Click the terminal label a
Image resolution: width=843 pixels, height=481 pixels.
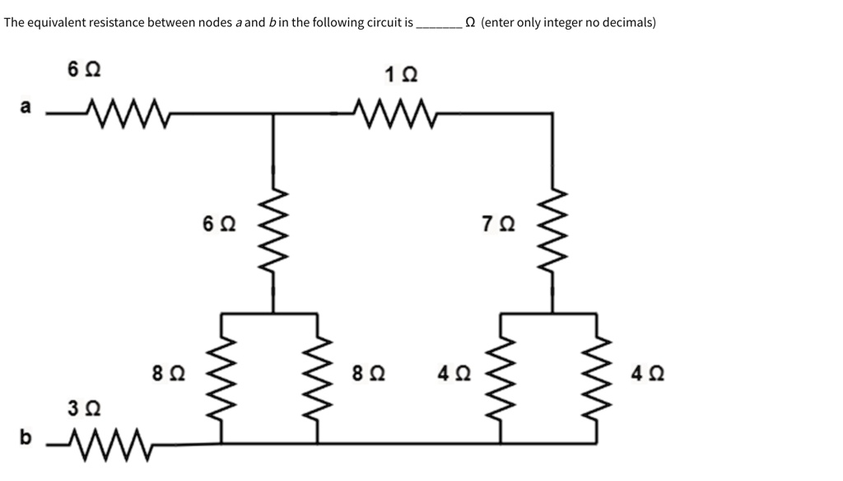[26, 106]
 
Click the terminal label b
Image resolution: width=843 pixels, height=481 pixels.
[26, 437]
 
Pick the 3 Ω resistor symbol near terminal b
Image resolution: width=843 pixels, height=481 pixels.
[107, 445]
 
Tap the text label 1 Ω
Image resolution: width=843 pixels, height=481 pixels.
[401, 74]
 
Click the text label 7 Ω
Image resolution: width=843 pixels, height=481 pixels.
[499, 224]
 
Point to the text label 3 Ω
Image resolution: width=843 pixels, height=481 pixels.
[83, 408]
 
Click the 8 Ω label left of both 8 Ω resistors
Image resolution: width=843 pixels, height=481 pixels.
[168, 374]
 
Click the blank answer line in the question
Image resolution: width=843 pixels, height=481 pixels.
[439, 26]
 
